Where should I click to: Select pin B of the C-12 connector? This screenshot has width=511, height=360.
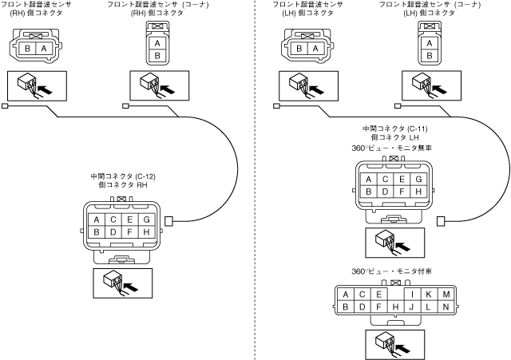click(96, 232)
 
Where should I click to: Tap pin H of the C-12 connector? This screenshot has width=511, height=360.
click(146, 232)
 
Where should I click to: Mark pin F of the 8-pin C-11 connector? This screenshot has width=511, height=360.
click(403, 192)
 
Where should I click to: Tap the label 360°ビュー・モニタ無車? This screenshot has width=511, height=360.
click(394, 148)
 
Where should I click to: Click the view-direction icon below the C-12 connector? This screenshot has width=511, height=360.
click(121, 280)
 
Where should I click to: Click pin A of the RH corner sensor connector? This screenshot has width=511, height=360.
click(157, 43)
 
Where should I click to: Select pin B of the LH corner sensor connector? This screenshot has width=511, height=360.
click(430, 56)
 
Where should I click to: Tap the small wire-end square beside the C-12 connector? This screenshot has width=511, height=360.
click(168, 221)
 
